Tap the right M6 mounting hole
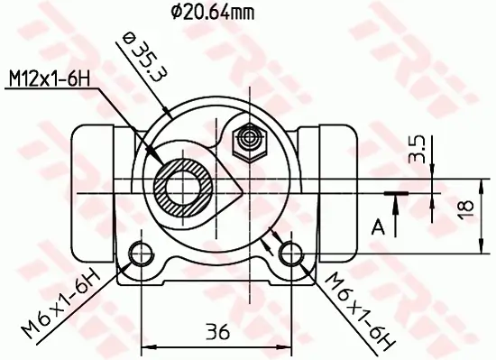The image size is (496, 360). pyautogui.click(x=289, y=251)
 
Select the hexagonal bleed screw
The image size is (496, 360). pyautogui.click(x=247, y=140)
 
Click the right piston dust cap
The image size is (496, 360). pyautogui.click(x=335, y=153)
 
